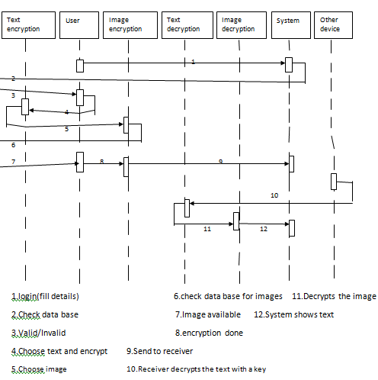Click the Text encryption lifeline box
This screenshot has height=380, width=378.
(28, 25)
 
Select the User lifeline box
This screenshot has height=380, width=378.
(79, 25)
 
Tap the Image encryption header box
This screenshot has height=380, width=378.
(130, 25)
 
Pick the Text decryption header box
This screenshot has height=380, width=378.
(187, 25)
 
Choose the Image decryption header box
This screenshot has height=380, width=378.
(242, 25)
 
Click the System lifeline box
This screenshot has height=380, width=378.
(291, 25)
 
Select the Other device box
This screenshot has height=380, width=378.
(333, 25)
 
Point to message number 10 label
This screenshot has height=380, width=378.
(274, 195)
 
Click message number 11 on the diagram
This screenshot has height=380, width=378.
(207, 229)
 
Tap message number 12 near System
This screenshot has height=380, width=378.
(264, 229)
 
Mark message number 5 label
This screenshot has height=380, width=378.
(66, 129)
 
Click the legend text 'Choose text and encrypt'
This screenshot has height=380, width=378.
(59, 351)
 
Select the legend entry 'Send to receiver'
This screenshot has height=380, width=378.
(160, 351)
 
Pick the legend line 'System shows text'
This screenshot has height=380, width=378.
(294, 314)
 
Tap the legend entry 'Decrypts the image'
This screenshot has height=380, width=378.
(334, 296)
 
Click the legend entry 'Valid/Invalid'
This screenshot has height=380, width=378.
(39, 333)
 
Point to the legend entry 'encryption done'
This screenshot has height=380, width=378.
(209, 333)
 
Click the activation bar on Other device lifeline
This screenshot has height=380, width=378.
(334, 182)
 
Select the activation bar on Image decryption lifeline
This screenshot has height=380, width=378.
(236, 221)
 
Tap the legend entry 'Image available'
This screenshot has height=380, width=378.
(208, 314)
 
